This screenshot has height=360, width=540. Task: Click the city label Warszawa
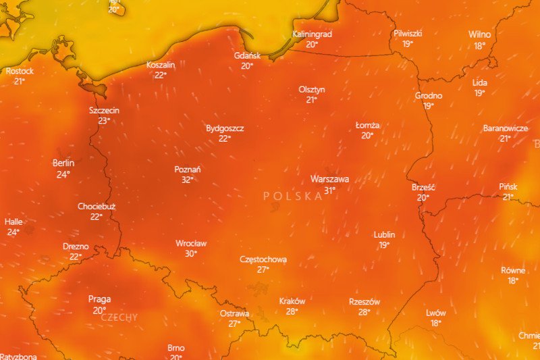coord(329,179)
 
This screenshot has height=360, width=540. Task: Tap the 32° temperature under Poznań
coord(187,180)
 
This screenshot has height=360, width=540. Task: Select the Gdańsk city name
coord(247,55)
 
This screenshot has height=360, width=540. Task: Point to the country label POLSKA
coord(293,196)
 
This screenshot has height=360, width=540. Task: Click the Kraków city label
coord(292,301)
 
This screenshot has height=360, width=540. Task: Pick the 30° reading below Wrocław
coord(191,253)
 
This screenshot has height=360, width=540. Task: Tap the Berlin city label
coord(63,163)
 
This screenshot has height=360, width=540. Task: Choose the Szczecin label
coord(104,110)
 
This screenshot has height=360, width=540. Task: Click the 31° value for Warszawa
coord(329,190)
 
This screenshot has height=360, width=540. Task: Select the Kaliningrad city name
coord(312,34)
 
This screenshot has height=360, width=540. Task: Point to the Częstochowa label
coord(263,259)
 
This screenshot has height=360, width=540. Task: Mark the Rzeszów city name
coord(364,301)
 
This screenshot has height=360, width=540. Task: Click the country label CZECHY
coord(119,317)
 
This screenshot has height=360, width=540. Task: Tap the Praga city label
coord(99,299)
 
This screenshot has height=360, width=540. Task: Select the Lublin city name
coord(384,234)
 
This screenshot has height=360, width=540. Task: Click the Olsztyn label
coord(312,89)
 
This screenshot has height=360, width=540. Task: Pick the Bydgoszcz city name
coord(225,128)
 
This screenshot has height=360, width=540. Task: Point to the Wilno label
coord(480,34)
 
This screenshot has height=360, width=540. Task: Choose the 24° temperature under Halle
coord(13,232)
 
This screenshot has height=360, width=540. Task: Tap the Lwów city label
coord(435,313)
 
